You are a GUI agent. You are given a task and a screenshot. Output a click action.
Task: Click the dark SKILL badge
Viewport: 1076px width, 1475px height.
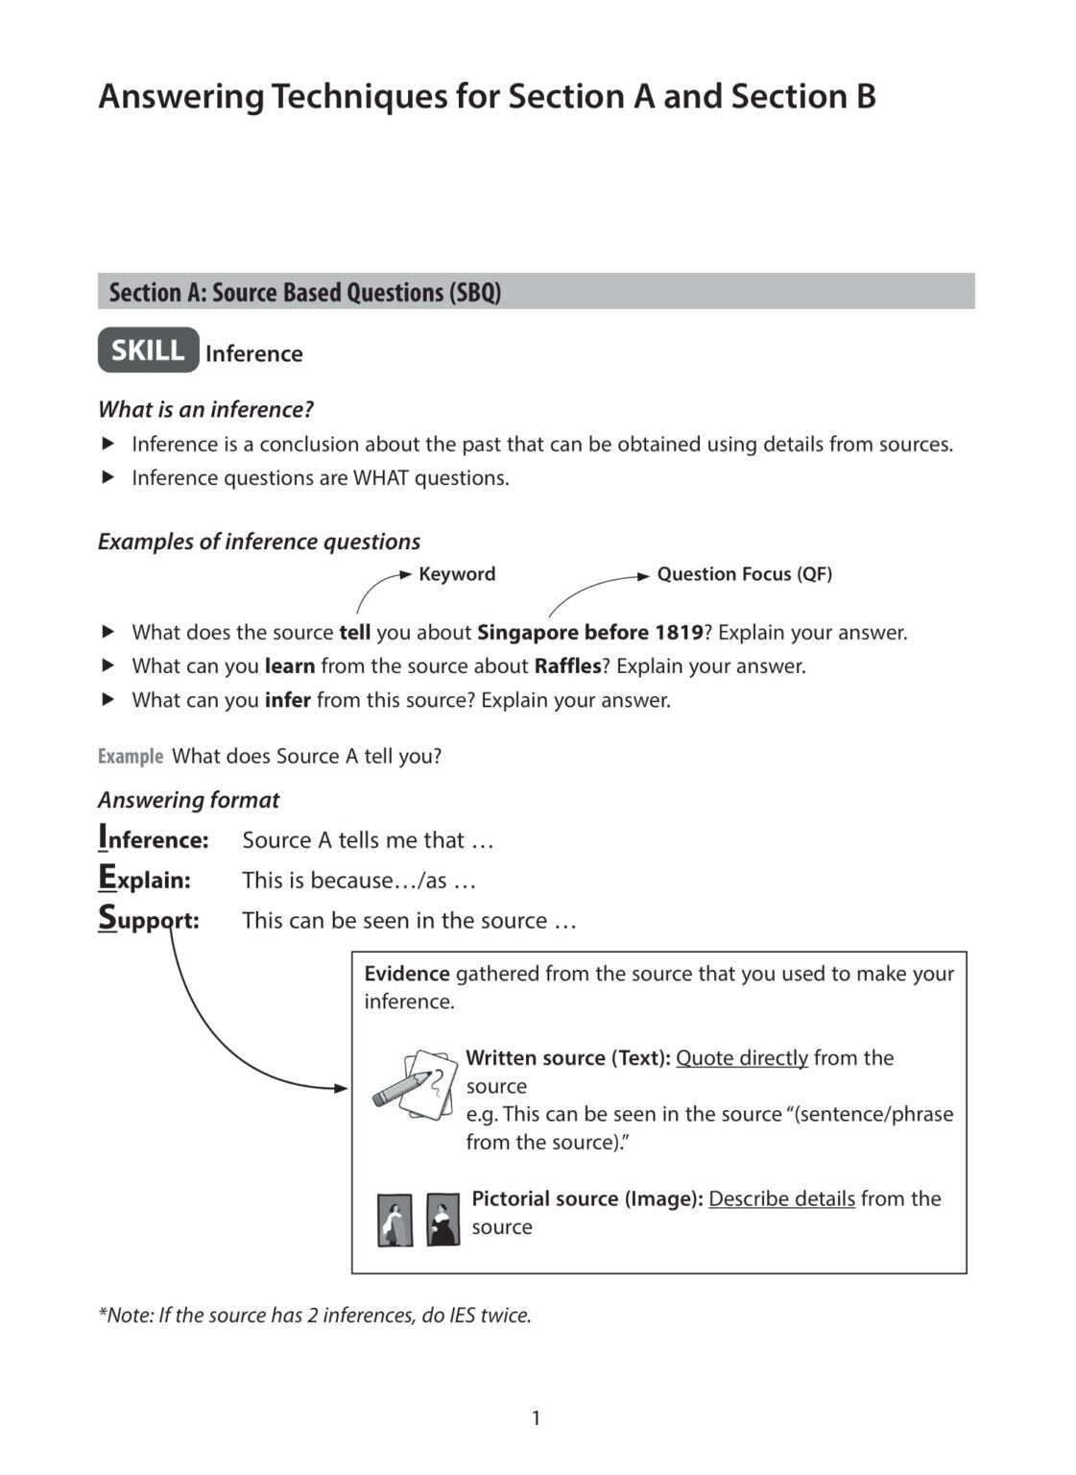(148, 351)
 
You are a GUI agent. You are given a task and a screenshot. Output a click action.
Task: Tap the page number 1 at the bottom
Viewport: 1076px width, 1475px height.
(536, 1417)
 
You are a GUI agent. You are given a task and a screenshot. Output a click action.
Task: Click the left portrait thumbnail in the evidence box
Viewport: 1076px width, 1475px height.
(395, 1220)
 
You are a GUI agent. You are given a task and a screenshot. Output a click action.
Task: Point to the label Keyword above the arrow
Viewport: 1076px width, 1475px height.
(457, 574)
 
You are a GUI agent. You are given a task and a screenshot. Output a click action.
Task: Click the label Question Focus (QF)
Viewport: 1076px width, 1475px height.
(744, 574)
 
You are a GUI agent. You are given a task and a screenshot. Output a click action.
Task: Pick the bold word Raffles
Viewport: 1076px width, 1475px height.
(567, 666)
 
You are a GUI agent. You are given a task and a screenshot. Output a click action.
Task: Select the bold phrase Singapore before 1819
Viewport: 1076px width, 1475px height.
(589, 633)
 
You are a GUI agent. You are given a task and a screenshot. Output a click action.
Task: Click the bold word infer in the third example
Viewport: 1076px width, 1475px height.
(287, 700)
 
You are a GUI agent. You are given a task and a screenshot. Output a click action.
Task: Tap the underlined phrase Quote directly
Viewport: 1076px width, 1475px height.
(741, 1058)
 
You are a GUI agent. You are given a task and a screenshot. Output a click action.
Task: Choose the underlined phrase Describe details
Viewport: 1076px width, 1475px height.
(781, 1199)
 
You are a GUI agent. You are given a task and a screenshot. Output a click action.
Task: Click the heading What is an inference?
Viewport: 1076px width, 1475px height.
(205, 410)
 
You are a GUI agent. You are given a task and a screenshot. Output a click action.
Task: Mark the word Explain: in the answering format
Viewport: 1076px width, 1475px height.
(145, 880)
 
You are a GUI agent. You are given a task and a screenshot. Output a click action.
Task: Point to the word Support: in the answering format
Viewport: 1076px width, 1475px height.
(149, 920)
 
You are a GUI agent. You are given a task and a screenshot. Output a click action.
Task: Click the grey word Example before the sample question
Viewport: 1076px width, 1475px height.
(131, 757)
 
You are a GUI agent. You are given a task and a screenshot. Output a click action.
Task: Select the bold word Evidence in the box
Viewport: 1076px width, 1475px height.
(406, 974)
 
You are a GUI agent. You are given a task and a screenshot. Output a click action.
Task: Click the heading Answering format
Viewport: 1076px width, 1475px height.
(188, 800)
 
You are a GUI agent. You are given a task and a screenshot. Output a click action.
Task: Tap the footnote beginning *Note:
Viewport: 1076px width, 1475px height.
(314, 1316)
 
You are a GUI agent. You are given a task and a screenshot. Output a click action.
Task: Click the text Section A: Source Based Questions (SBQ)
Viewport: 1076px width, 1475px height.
(304, 292)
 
